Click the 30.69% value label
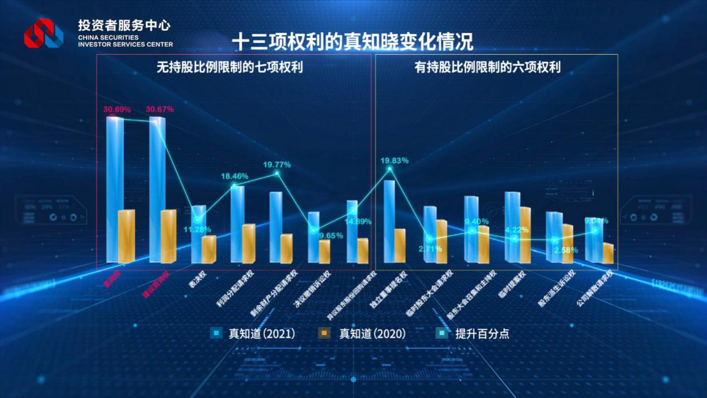(x=116, y=109)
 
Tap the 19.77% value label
(x=277, y=165)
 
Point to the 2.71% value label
(x=430, y=249)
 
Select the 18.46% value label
(x=234, y=176)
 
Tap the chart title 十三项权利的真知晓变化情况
(x=352, y=41)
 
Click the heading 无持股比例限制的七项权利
(x=229, y=68)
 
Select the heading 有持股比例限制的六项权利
(x=487, y=68)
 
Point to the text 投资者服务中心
(x=124, y=25)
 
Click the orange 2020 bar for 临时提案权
(x=525, y=234)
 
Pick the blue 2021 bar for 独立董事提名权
(x=389, y=220)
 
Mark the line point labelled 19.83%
(x=389, y=169)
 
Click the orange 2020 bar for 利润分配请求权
(x=248, y=243)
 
